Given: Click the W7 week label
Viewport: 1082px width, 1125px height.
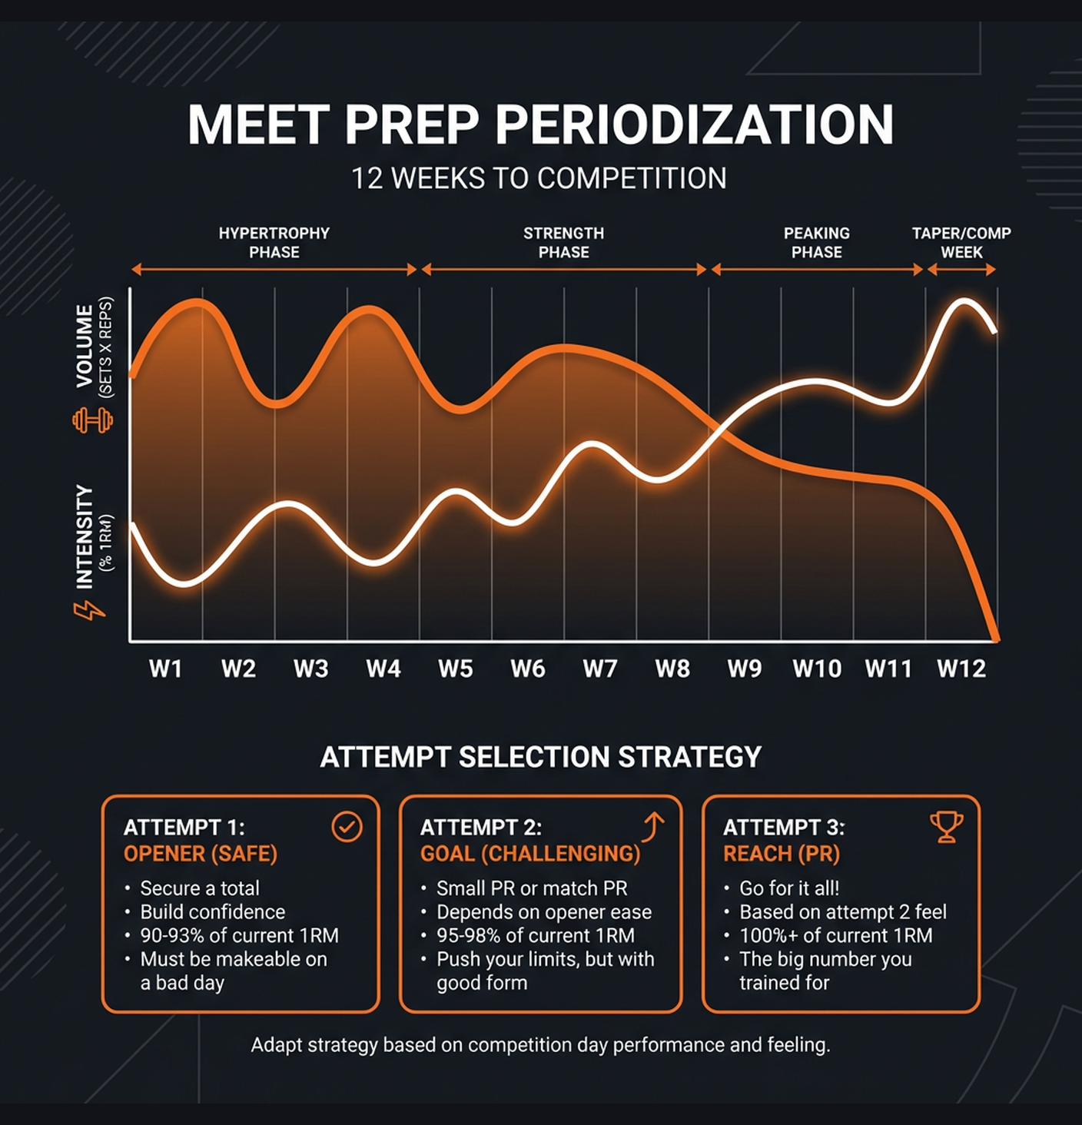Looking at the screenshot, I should (599, 669).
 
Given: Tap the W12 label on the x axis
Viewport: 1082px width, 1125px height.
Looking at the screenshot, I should (961, 669).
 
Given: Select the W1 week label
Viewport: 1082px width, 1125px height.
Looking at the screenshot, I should (165, 669).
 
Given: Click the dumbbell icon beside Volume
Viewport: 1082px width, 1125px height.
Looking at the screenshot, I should (92, 420).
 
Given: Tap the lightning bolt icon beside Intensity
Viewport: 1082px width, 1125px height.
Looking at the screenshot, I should (89, 611).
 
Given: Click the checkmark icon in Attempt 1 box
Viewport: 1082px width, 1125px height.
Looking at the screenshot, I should (347, 827).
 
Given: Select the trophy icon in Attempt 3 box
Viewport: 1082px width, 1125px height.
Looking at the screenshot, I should (946, 827).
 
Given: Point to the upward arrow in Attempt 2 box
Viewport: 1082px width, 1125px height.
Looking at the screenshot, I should (653, 827).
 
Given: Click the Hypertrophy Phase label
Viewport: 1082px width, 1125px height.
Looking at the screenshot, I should (274, 243).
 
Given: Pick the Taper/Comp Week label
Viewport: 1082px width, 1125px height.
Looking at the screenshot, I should (961, 243).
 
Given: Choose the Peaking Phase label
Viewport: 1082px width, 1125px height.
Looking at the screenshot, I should (817, 243).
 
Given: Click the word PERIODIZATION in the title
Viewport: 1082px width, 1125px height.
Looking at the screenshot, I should (695, 124).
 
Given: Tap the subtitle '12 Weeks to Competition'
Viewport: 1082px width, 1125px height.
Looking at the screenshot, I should (539, 178).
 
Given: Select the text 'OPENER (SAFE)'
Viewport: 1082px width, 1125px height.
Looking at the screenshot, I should (201, 854).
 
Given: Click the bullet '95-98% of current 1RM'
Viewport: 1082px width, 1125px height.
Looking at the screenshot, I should (536, 935).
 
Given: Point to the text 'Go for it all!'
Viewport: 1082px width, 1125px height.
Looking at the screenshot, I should (789, 888).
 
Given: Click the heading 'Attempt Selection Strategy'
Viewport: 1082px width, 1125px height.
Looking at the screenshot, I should (540, 757).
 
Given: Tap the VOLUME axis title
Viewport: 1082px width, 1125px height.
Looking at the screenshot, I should (85, 346).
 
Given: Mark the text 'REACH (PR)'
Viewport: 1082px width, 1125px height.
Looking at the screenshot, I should (781, 854).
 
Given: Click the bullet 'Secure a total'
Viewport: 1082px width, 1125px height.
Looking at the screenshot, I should (200, 888).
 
